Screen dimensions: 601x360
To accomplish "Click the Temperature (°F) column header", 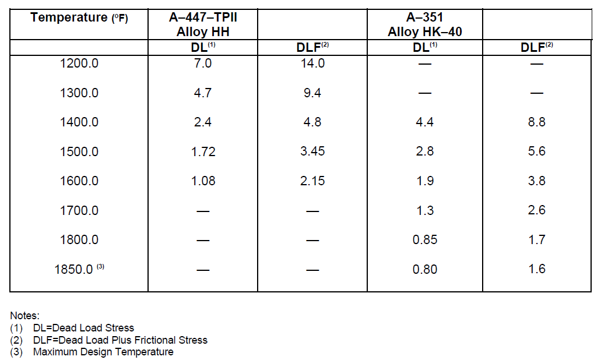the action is coord(79,17).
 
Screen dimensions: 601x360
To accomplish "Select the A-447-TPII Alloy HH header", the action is coord(203,24).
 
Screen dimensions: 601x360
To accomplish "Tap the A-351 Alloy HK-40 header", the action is coord(425,24).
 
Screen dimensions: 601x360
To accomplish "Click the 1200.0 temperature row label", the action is coord(79,63).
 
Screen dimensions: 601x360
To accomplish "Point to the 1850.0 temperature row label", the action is coord(79,269).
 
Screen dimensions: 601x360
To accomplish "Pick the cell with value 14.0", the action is coord(312,63).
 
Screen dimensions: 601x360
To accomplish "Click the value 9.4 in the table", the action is coord(312,93).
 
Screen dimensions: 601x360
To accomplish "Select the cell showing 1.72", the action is coord(203,151).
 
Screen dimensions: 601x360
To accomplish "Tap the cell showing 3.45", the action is coord(312,151).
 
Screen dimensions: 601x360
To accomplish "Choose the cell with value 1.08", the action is coord(203,181).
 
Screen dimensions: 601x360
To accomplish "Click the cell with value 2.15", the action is coord(312,181).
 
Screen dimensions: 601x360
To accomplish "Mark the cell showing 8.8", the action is coord(537,122).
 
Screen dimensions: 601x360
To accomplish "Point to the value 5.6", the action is coord(537,151).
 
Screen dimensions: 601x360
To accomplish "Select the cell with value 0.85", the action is coord(425,240).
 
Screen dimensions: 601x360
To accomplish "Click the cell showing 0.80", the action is coord(425,269).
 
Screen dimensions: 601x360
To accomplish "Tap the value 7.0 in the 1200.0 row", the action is coord(203,63).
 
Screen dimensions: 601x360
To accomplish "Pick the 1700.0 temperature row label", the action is coord(79,211).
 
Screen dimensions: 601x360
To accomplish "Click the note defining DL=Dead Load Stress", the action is coord(72,328).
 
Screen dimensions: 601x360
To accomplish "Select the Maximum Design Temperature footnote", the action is coord(92,352).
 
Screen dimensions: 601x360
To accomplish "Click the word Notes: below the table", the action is coord(24,316).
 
